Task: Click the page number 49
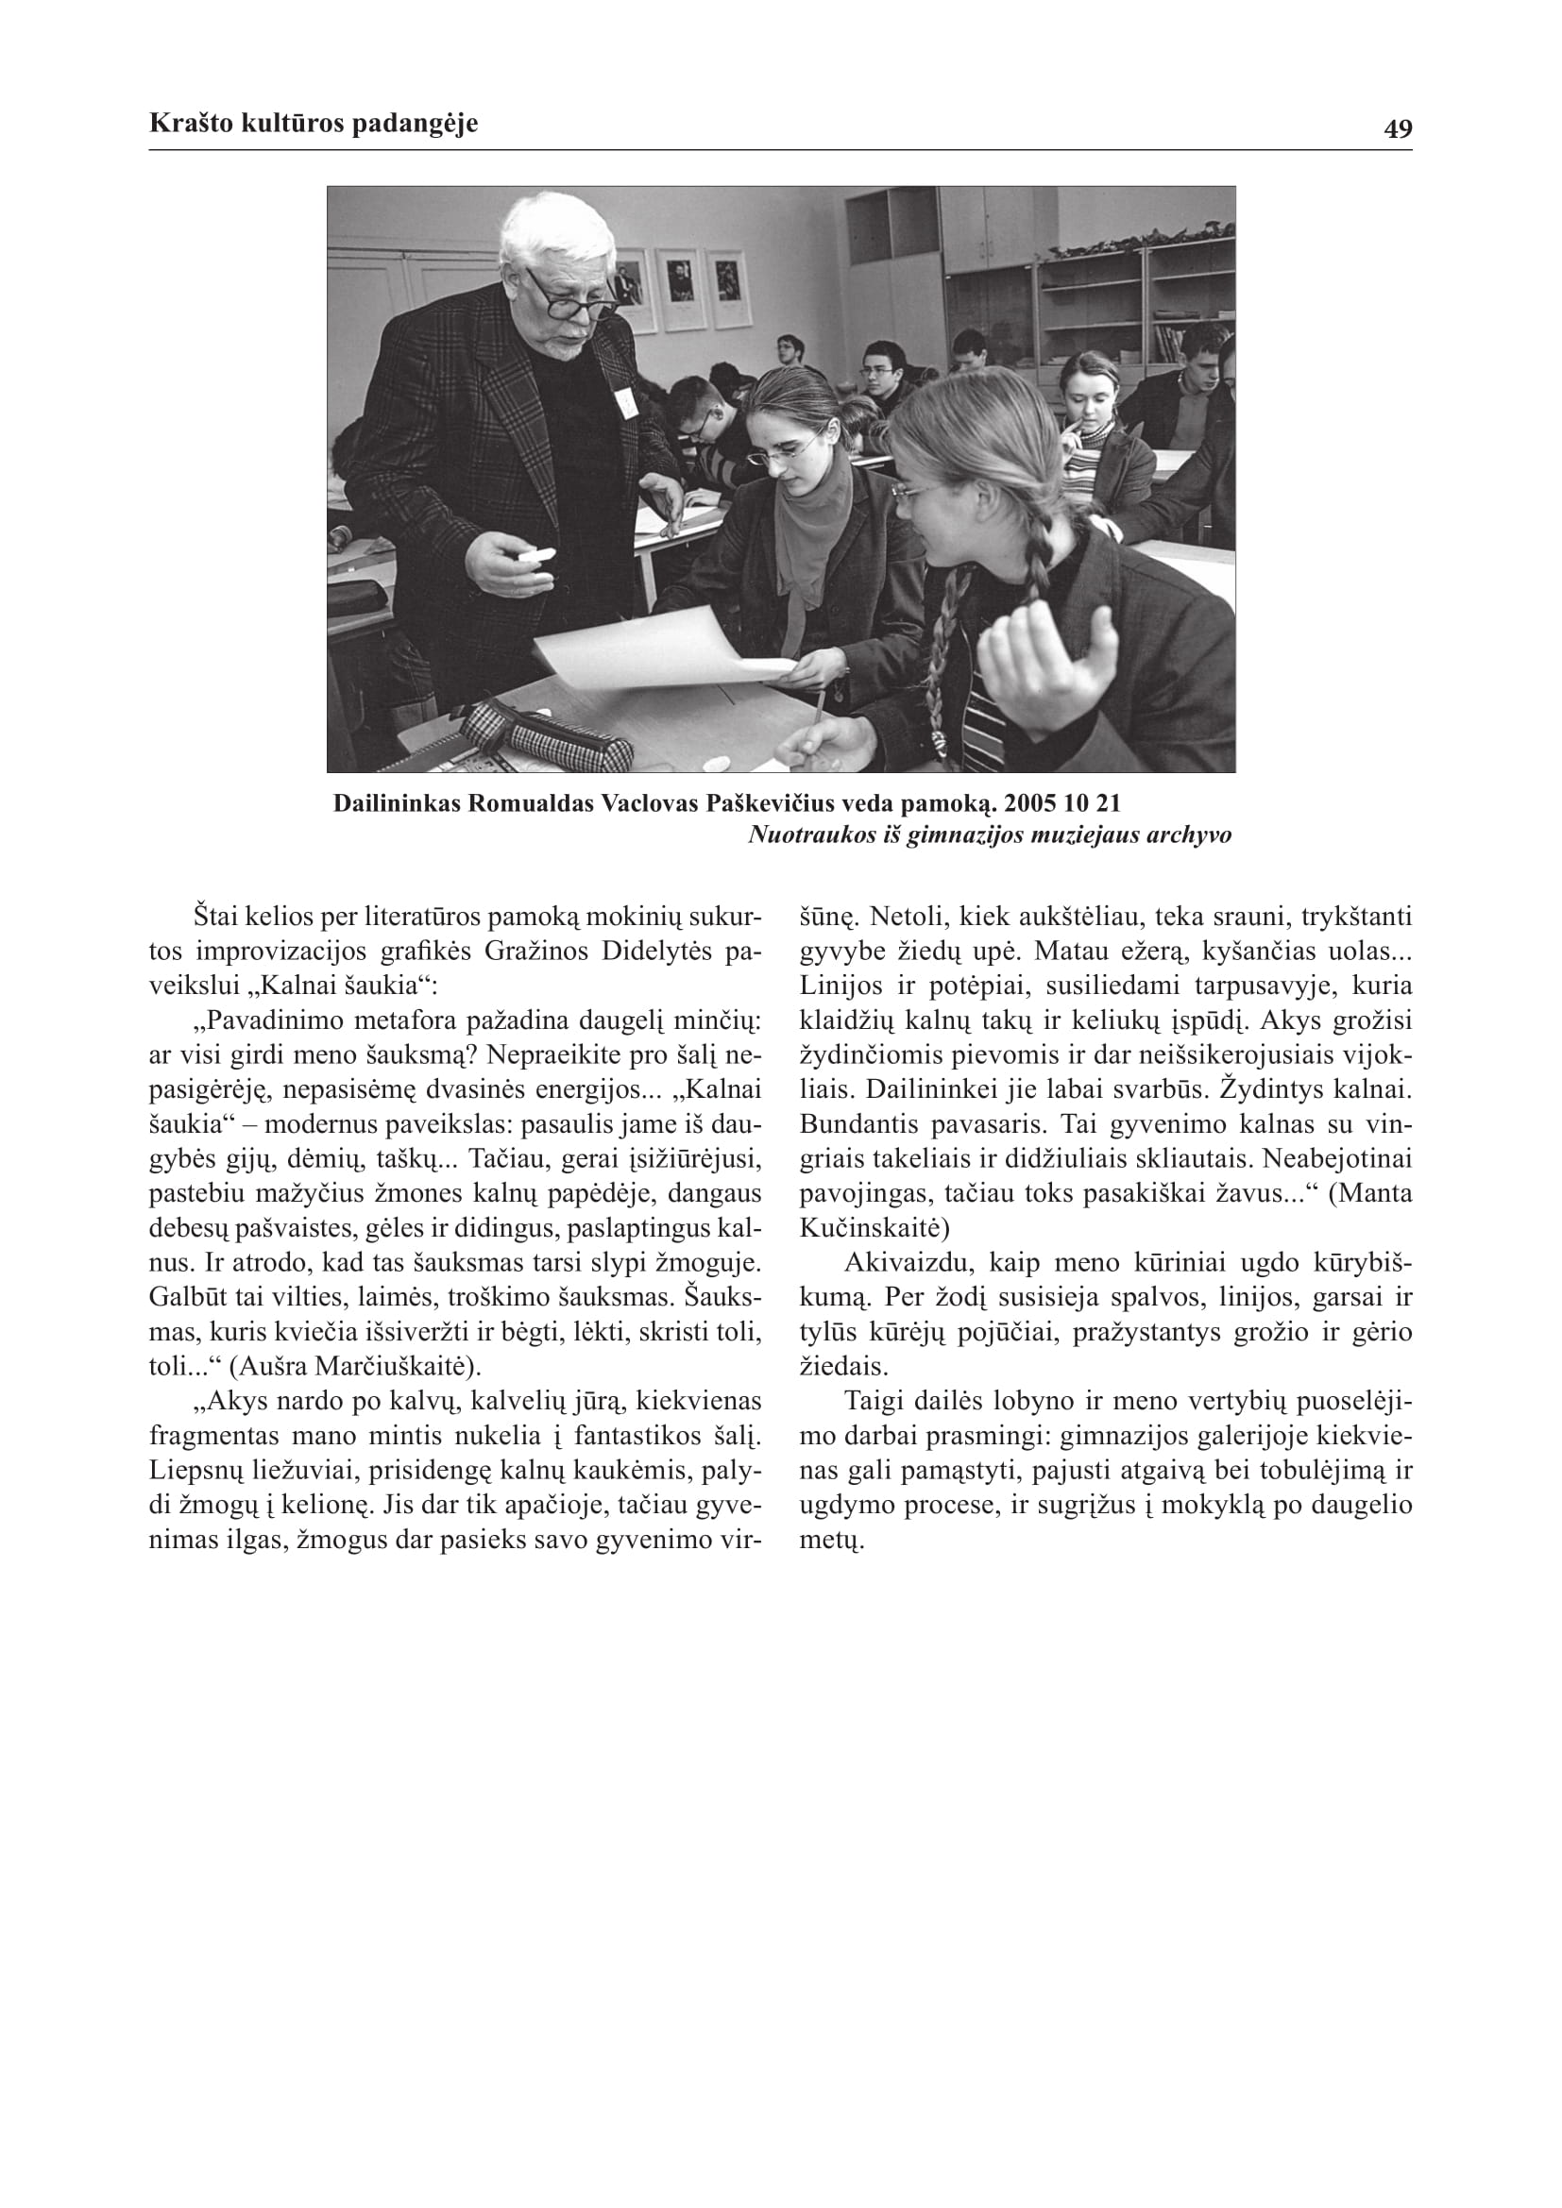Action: coord(1398,129)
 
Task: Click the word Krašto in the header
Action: coord(185,124)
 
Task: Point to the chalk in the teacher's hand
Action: coord(536,555)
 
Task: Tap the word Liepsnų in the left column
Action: coord(193,1471)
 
